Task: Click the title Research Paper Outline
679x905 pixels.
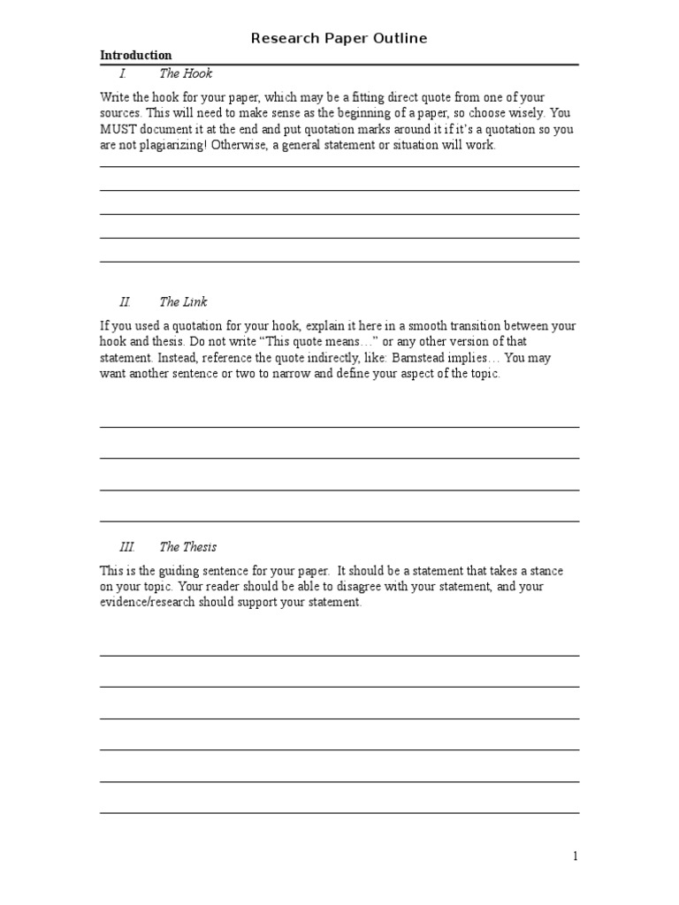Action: click(339, 38)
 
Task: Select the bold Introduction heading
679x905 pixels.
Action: click(136, 55)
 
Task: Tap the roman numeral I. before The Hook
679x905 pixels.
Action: click(124, 73)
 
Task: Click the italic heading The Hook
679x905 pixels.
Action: click(186, 73)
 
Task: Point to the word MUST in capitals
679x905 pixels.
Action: click(118, 129)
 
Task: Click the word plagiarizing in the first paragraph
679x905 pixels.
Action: click(173, 146)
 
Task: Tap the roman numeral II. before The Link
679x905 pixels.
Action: click(125, 302)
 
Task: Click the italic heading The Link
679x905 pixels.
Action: click(183, 302)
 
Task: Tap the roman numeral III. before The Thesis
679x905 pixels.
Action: click(126, 547)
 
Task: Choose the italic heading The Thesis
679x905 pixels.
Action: click(187, 547)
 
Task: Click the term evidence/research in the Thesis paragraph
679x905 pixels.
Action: click(149, 603)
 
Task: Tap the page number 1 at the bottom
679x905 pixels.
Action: click(576, 856)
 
